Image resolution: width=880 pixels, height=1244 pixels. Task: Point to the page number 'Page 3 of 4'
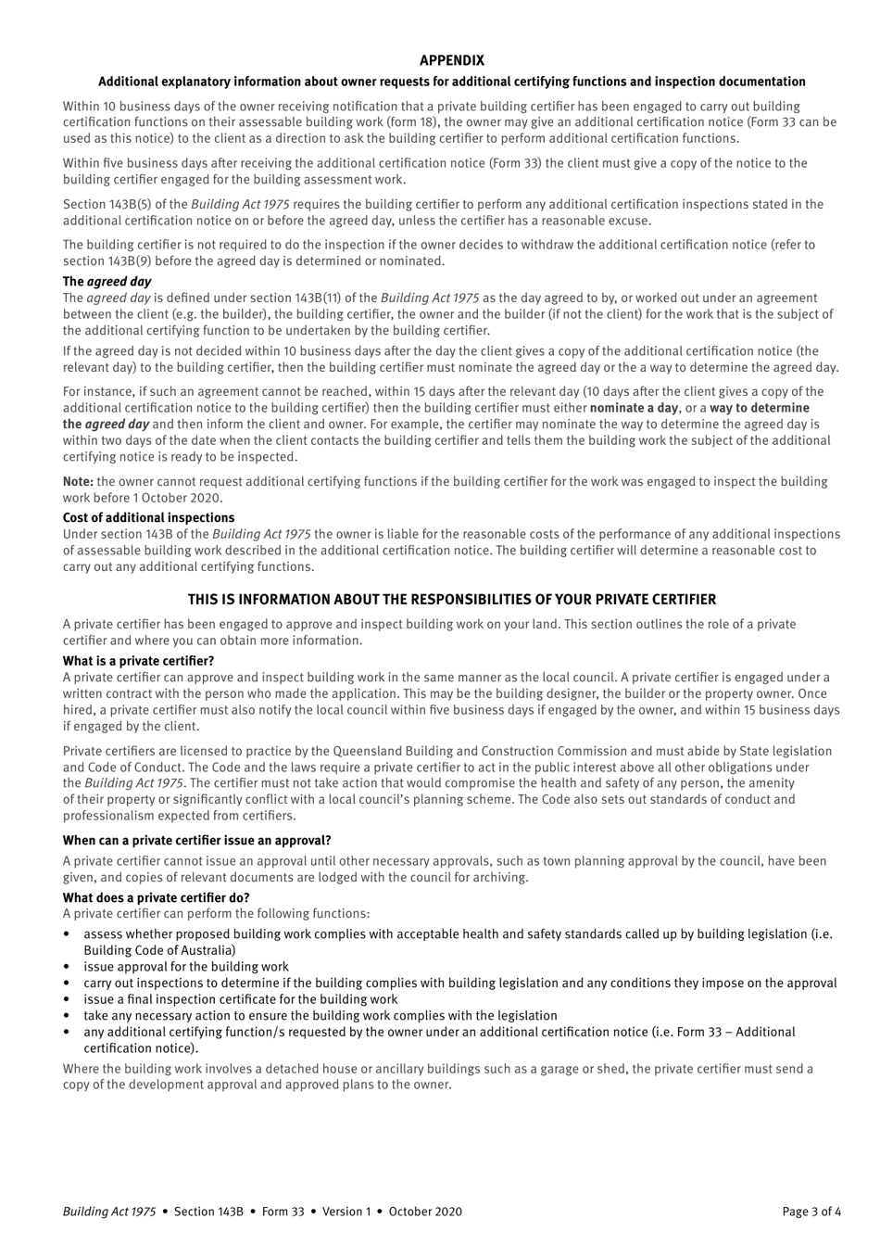pos(811,1211)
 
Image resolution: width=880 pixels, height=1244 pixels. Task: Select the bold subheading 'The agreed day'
pos(107,281)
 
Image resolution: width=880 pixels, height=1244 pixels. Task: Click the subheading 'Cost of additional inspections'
pos(148,517)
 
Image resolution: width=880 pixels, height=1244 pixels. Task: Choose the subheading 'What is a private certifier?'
pos(138,661)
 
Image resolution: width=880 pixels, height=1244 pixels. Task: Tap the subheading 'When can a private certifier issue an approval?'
pos(196,841)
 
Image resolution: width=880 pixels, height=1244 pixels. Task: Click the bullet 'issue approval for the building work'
pos(185,966)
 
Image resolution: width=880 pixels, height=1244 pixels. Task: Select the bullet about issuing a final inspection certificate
pos(240,999)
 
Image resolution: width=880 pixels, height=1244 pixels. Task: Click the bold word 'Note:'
pos(78,481)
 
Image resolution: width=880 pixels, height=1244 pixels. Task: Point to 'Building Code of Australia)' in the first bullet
pos(159,950)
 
